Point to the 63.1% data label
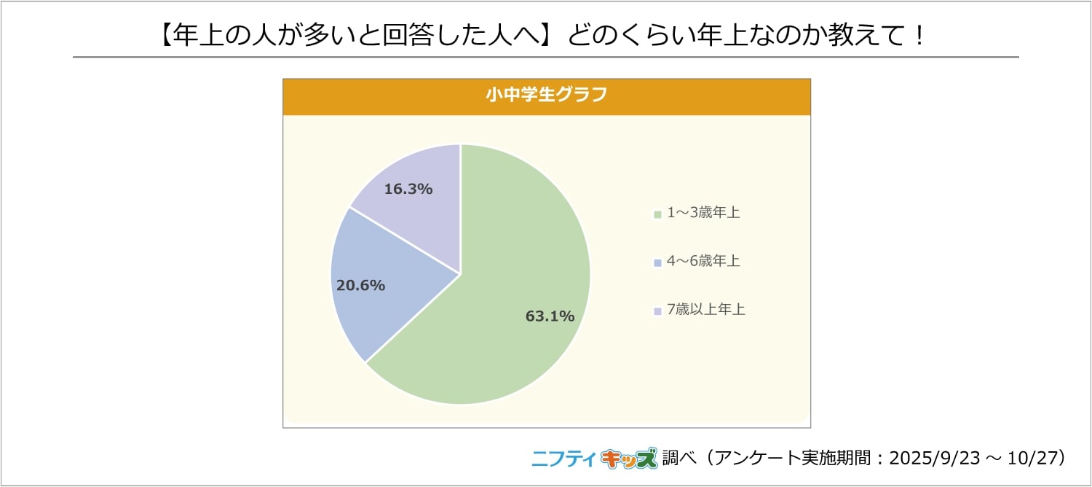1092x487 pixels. [550, 316]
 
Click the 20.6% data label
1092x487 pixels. [360, 285]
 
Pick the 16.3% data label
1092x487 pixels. [408, 189]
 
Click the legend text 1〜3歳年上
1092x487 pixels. [703, 213]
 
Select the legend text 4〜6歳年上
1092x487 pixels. [703, 261]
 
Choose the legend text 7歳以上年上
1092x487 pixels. [706, 309]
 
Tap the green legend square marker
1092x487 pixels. [657, 214]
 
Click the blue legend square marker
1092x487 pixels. [657, 262]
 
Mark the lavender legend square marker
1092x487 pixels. [657, 311]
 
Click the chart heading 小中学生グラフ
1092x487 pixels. [546, 96]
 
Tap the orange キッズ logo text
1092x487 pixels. [628, 459]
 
